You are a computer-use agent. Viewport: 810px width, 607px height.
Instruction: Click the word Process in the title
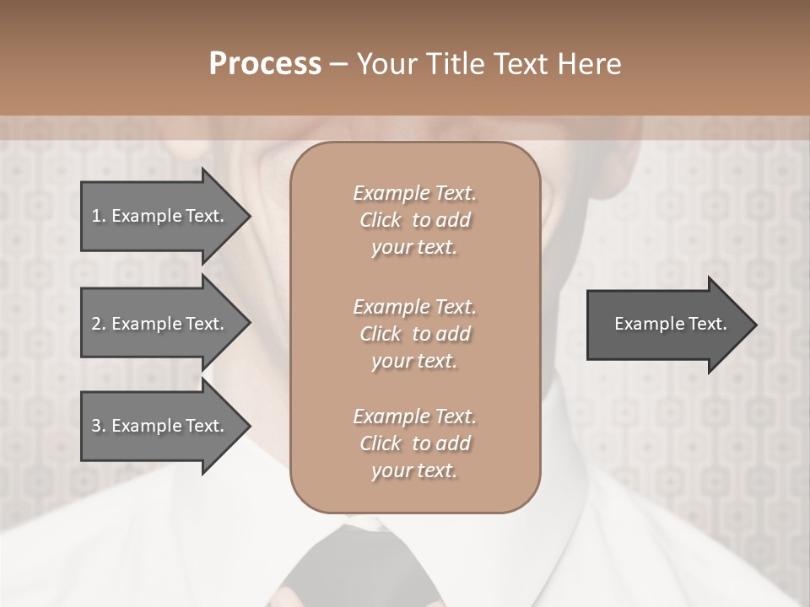coord(265,64)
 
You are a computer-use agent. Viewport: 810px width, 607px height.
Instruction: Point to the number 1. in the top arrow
coord(99,216)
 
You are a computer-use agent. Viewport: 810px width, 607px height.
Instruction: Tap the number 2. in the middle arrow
coord(99,324)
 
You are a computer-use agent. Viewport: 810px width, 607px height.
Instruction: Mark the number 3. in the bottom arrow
coord(99,426)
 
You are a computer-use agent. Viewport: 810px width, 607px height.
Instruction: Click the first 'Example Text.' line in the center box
coord(414,193)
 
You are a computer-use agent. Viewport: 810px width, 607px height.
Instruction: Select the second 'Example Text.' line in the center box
coord(414,306)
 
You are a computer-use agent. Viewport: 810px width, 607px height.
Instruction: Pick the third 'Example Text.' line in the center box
coord(414,416)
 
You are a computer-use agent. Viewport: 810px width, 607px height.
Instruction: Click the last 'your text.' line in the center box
coord(414,470)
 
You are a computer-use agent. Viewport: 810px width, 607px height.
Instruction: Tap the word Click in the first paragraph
coord(381,220)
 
